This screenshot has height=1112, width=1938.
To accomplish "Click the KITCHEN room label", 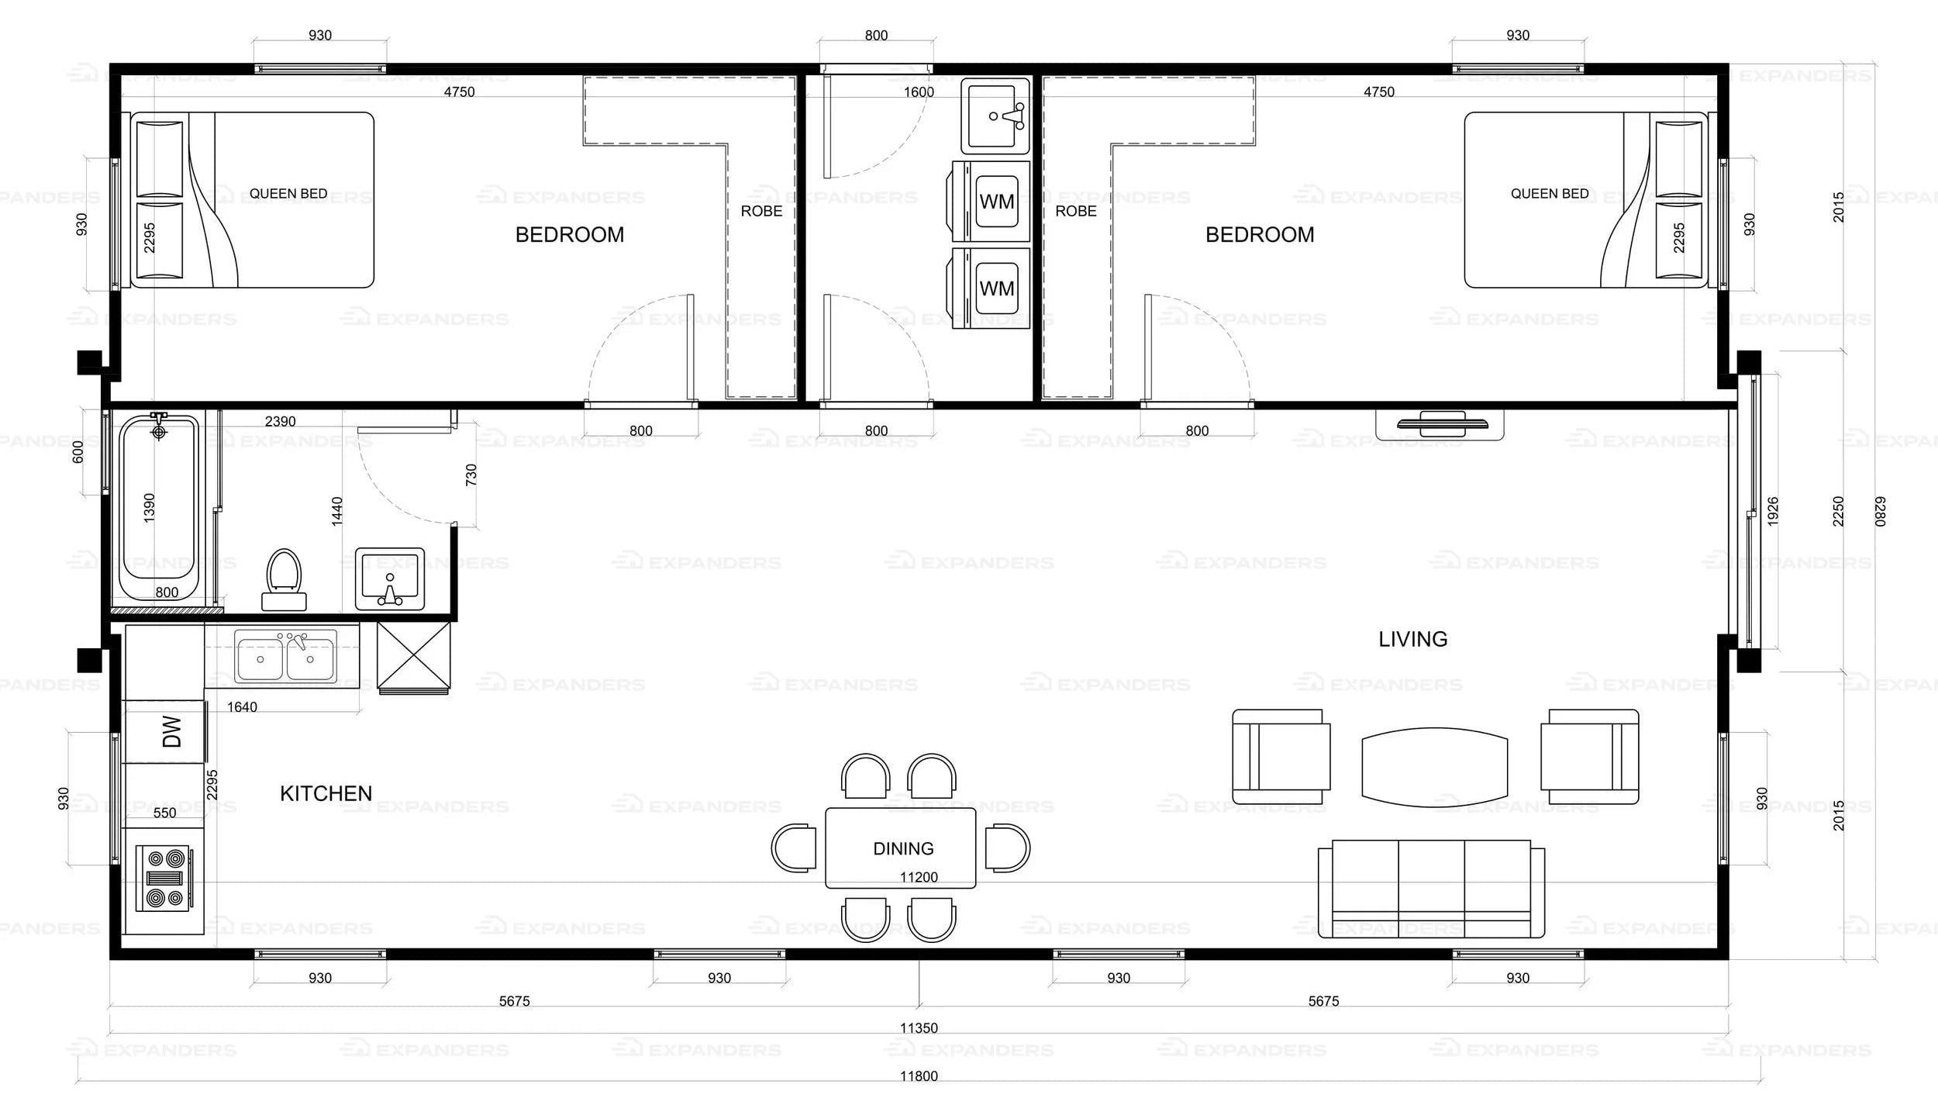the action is [326, 793].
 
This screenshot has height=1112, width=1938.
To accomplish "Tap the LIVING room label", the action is [1412, 639].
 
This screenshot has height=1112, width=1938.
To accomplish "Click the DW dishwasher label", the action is [172, 731].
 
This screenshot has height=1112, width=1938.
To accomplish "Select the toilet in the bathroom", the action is [284, 579].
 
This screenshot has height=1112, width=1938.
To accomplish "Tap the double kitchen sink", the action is [285, 656].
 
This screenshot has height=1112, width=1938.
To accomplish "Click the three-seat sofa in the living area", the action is [1431, 889].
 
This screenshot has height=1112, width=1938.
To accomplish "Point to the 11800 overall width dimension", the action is [919, 1076].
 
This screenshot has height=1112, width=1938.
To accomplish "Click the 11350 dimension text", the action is [919, 1028].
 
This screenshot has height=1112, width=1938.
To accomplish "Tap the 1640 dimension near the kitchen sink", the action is [242, 707].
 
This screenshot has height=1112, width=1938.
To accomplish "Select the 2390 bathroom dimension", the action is [280, 422].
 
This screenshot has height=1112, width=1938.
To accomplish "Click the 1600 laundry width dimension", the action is [919, 92].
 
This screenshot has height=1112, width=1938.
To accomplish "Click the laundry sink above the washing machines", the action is [995, 116].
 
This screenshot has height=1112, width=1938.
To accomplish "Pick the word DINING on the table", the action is [903, 848].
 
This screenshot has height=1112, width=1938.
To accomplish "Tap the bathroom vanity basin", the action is [390, 578].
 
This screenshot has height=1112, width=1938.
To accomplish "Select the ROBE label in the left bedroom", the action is [761, 211].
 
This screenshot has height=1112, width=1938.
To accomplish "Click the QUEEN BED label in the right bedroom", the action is [1550, 194].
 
